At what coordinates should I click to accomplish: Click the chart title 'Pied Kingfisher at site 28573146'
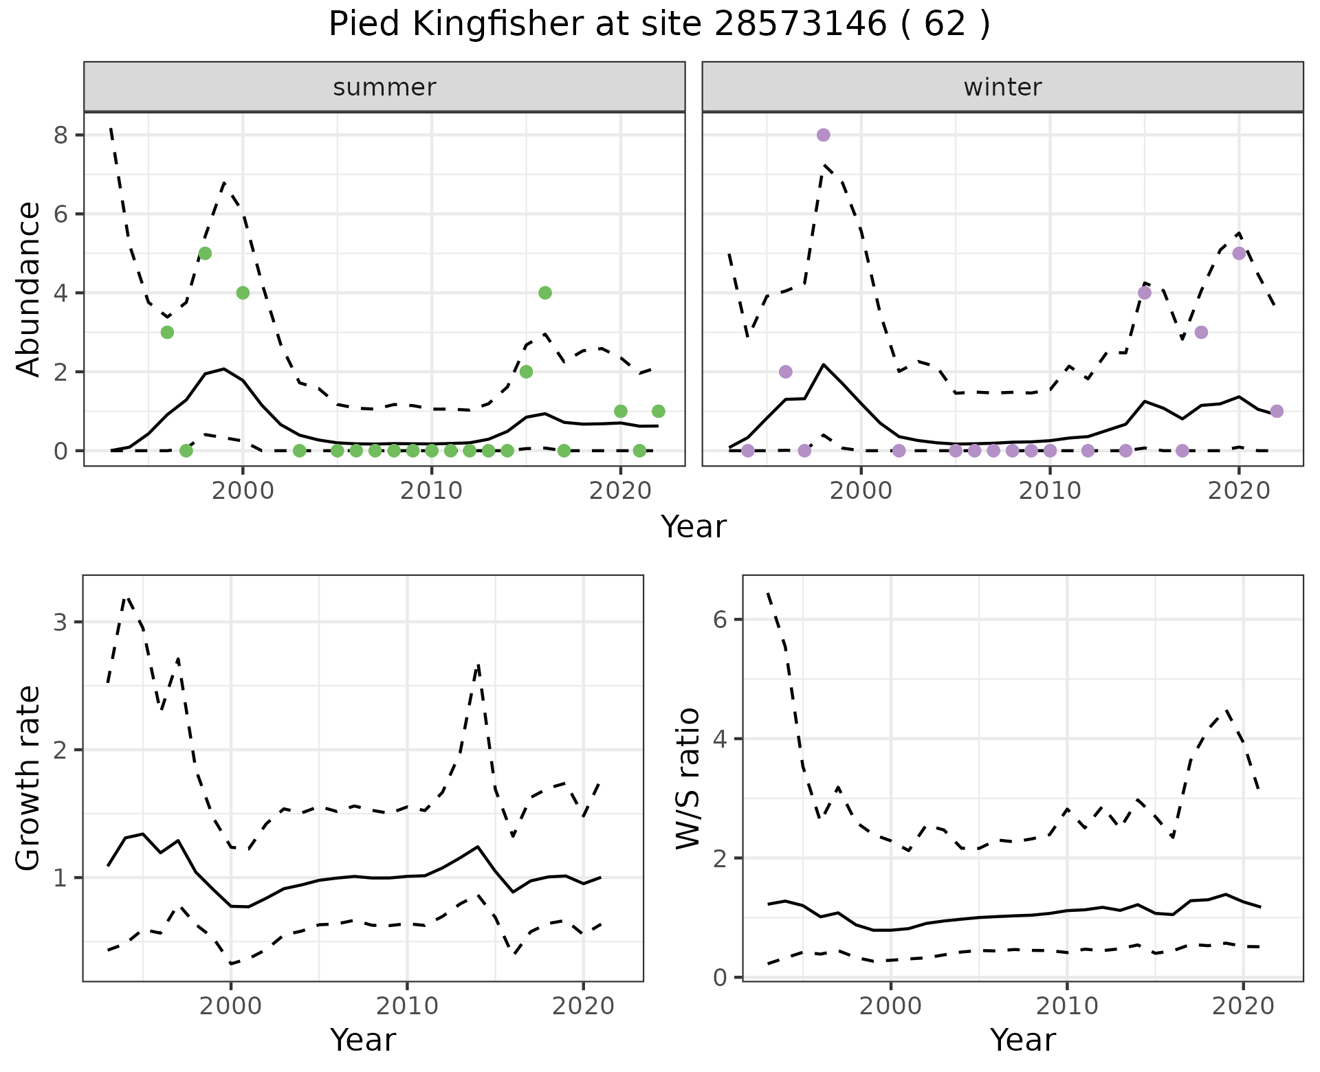(659, 25)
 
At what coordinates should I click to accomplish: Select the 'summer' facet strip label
(384, 87)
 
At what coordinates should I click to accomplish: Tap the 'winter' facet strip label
(1002, 87)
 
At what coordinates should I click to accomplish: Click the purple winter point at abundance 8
(824, 135)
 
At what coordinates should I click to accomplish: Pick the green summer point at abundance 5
(205, 254)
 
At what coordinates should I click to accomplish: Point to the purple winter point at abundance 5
(1239, 254)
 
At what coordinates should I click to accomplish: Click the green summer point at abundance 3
(167, 333)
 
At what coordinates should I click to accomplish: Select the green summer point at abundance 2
(526, 372)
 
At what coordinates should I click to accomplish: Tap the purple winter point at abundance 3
(1201, 333)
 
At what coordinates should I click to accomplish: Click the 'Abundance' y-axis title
(29, 289)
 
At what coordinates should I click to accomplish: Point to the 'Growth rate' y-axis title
(29, 779)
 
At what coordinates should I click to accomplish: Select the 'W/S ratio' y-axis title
(688, 779)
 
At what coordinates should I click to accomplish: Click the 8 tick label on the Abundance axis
(63, 135)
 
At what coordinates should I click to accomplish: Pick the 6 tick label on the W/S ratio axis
(719, 620)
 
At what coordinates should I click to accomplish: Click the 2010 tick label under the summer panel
(431, 491)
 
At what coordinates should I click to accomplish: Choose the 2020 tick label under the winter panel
(1239, 491)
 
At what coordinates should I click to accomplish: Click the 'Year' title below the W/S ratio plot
(1022, 1040)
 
